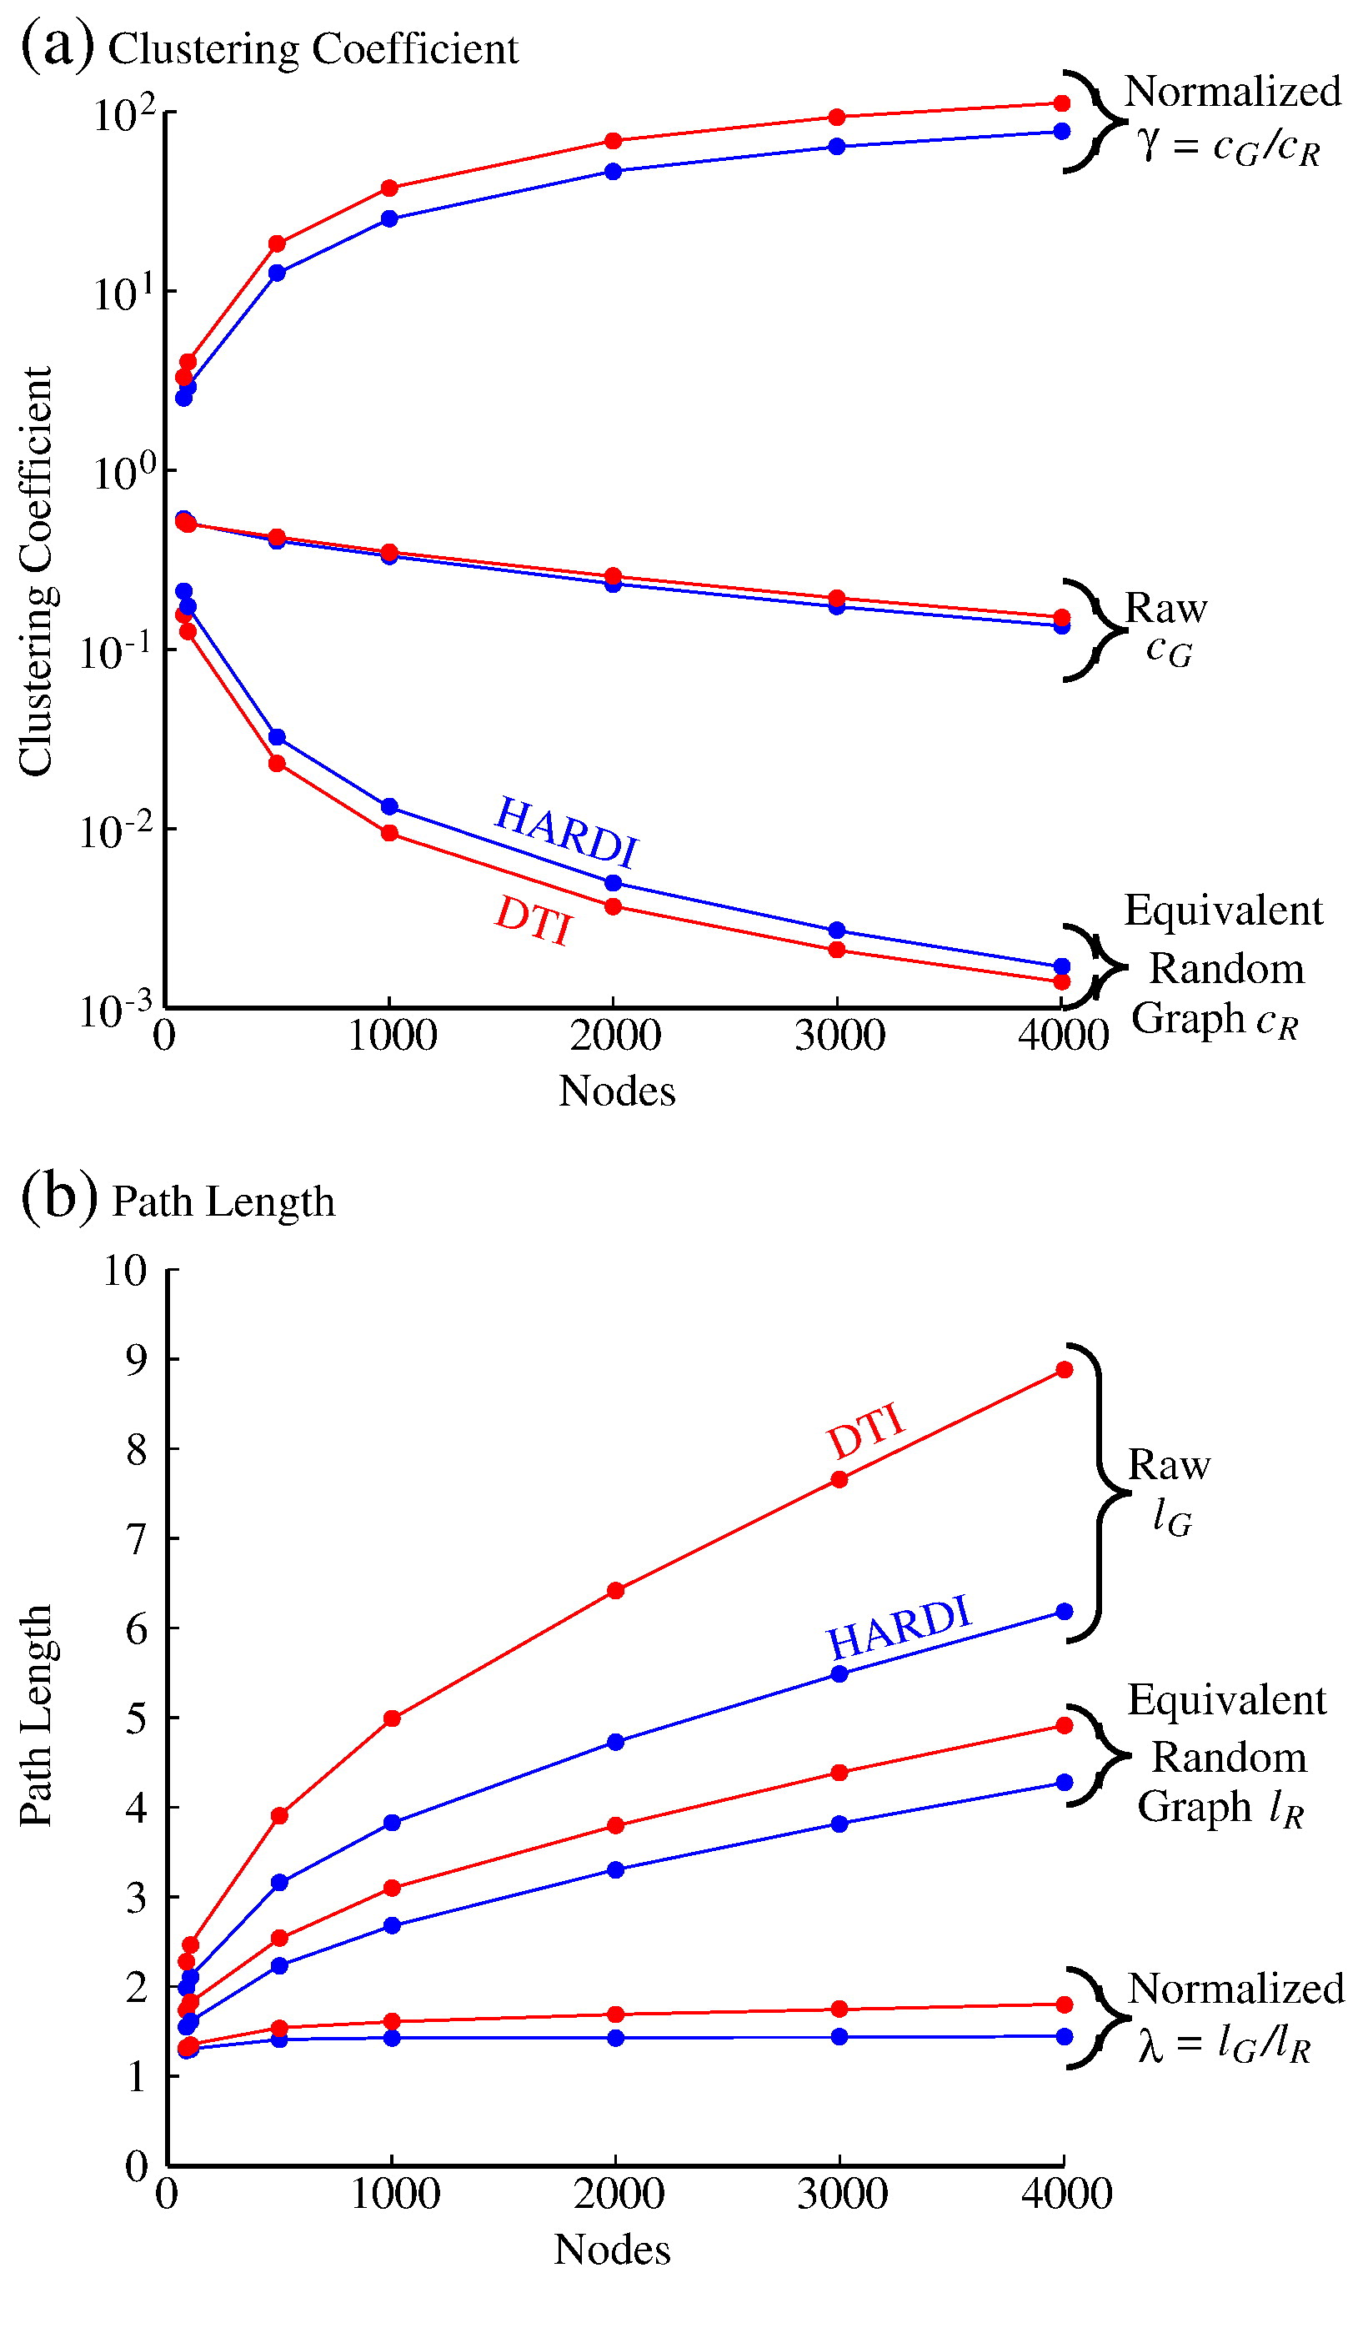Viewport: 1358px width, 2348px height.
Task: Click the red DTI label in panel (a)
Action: click(533, 920)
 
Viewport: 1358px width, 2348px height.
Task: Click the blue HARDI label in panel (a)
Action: click(566, 830)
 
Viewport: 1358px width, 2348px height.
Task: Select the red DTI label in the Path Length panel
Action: click(865, 1432)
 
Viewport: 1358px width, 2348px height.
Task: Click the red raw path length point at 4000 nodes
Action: click(1064, 1370)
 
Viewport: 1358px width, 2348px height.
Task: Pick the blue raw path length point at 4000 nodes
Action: click(1064, 1612)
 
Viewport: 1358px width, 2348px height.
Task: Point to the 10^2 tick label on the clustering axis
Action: click(124, 116)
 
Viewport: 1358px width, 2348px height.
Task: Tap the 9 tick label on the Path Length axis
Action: click(137, 1359)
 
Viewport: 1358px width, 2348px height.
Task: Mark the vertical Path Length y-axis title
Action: click(37, 1715)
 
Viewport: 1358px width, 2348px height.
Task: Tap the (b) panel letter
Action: click(58, 1197)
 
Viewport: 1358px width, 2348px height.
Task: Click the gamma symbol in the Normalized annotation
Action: click(1150, 144)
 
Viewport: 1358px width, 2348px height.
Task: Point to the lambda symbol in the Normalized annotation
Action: click(1150, 2047)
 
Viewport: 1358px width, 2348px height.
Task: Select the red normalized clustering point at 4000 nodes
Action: click(1061, 103)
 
